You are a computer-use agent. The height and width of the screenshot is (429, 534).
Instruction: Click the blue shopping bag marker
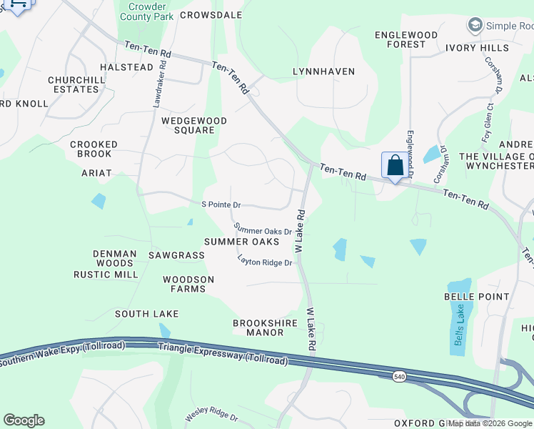(395, 166)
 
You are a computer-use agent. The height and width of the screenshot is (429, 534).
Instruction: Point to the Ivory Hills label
(477, 48)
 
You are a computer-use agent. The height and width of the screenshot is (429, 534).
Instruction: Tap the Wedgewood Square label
(193, 126)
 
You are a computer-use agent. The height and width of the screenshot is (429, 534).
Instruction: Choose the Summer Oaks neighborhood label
(241, 242)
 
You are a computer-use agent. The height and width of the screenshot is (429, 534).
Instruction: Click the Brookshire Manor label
(265, 327)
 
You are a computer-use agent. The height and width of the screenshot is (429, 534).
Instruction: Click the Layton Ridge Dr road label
(266, 263)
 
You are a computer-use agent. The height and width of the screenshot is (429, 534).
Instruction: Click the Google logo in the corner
(24, 420)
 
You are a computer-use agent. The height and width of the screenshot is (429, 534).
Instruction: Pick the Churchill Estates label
(73, 84)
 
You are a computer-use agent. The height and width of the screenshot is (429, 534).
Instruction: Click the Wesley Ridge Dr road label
(211, 415)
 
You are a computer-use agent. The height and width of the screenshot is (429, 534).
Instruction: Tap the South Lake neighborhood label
(146, 314)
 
